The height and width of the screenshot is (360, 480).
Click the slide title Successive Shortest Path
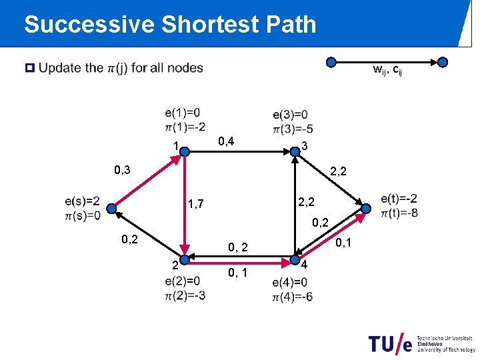point(170,25)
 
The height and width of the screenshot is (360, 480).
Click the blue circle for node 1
point(186,152)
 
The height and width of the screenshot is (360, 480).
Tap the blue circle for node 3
point(295,152)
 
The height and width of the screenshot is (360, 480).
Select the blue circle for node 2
point(186,257)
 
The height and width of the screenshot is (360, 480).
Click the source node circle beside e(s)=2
point(111,208)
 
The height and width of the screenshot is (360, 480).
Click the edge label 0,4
point(231,141)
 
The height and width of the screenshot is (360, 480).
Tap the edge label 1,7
point(196,203)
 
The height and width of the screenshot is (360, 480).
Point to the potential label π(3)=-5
point(291,128)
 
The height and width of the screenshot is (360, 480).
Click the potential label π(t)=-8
point(400,213)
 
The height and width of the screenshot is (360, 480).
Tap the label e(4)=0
point(290,282)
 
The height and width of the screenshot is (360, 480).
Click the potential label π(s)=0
point(83,215)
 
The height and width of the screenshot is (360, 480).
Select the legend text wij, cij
point(387,69)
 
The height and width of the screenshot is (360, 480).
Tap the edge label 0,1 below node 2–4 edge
point(238,272)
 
